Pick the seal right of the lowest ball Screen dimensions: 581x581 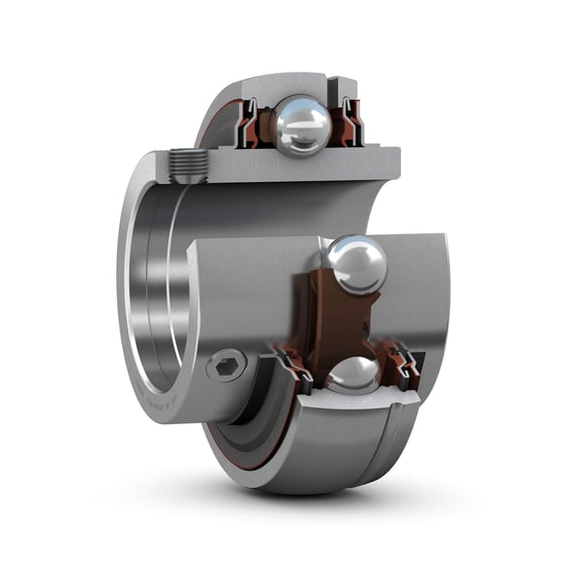404,367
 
